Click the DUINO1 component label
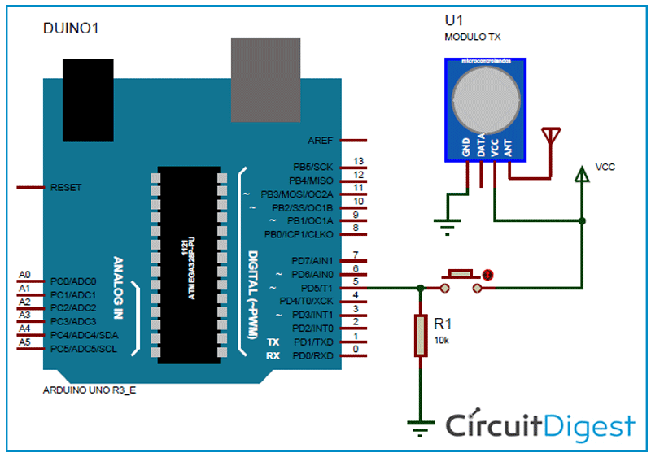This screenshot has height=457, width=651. [x=70, y=29]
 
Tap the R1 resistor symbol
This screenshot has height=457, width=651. [x=420, y=335]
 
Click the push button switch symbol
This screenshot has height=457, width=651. [x=462, y=280]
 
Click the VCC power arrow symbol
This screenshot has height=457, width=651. [x=582, y=173]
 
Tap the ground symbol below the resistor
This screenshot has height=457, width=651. [x=420, y=424]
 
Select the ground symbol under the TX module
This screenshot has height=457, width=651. [x=445, y=224]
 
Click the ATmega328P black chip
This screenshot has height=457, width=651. [x=188, y=264]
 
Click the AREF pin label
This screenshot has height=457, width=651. [x=320, y=141]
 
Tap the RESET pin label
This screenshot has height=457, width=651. [x=66, y=187]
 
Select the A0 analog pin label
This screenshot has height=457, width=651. [x=24, y=275]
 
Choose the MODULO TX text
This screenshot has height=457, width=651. [x=472, y=37]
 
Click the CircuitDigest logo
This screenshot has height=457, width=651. [x=540, y=425]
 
